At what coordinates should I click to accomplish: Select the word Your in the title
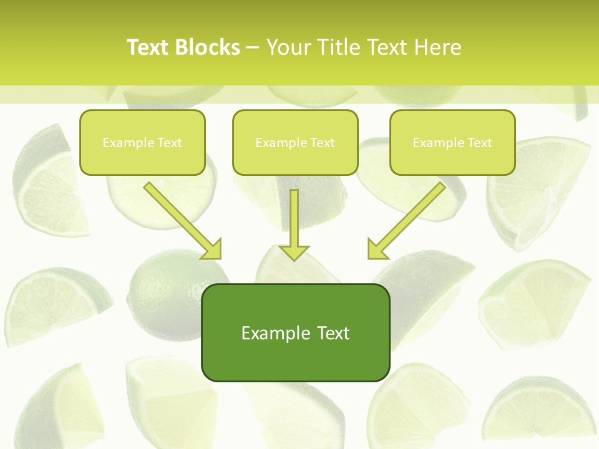pyautogui.click(x=290, y=47)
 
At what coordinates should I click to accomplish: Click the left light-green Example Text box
pyautogui.click(x=142, y=142)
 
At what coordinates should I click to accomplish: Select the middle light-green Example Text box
pyautogui.click(x=295, y=142)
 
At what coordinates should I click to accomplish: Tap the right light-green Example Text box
pyautogui.click(x=452, y=142)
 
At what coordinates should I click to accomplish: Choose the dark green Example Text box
pyautogui.click(x=295, y=332)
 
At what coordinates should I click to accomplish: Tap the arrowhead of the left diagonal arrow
pyautogui.click(x=212, y=249)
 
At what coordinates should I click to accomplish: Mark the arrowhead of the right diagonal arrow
pyautogui.click(x=377, y=249)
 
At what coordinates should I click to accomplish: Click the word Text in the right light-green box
pyautogui.click(x=479, y=143)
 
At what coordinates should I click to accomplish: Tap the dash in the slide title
pyautogui.click(x=253, y=47)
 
